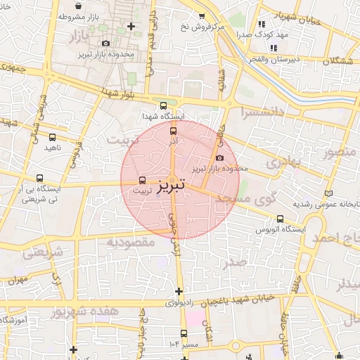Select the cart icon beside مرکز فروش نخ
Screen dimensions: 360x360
click(202, 15)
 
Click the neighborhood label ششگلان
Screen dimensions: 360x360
click(339, 62)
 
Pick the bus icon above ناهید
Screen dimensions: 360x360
click(53, 137)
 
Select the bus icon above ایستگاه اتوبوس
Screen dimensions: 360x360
click(281, 219)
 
